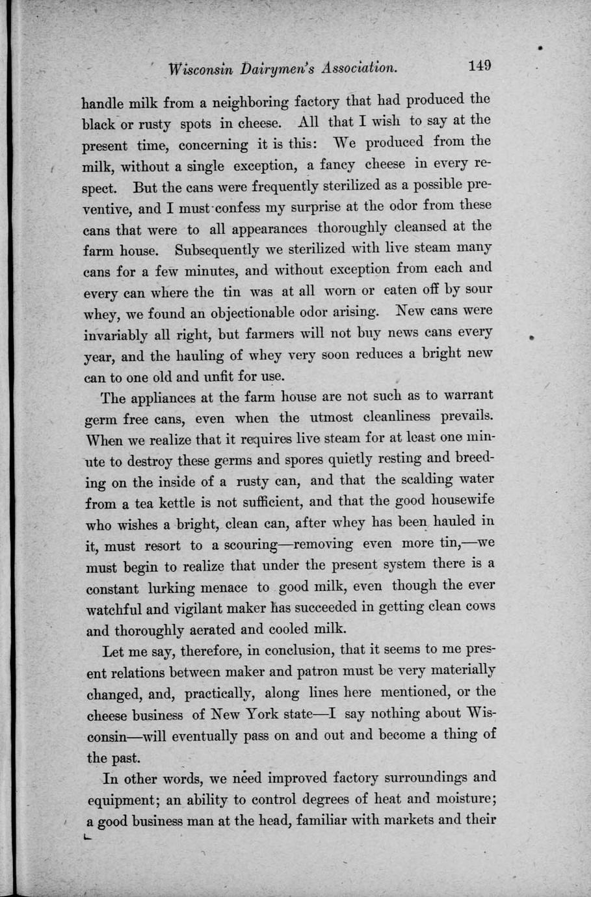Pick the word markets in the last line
[403, 820]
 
